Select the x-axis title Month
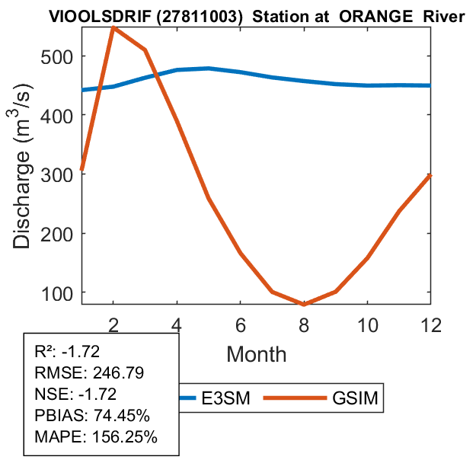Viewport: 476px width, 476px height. (x=256, y=353)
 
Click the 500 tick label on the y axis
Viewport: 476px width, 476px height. (x=57, y=56)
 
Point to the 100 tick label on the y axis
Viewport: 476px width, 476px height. (x=57, y=292)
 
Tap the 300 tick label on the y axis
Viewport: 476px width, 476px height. (x=57, y=174)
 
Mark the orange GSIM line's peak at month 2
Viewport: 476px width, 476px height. (x=113, y=27)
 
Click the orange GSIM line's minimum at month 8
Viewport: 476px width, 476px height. (x=304, y=304)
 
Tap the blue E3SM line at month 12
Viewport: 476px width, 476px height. (x=430, y=85)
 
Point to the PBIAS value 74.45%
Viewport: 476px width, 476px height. (x=121, y=416)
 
